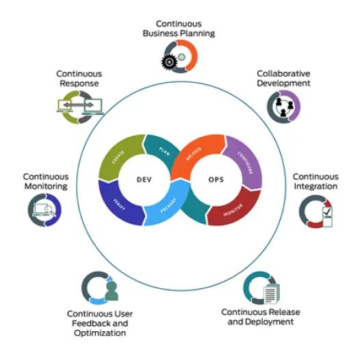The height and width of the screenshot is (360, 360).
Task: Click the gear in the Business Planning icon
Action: [169, 64]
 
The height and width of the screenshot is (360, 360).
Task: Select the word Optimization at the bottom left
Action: [100, 333]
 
